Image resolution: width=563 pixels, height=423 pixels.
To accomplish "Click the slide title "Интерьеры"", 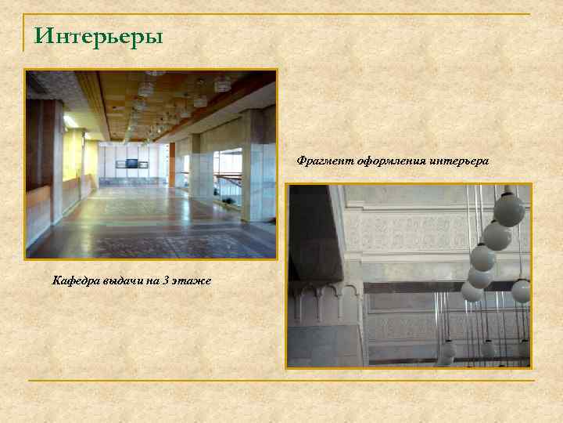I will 99,37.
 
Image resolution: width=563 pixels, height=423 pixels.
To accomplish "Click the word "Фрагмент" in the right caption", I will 324,161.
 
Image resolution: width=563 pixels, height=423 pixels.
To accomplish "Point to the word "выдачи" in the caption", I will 121,280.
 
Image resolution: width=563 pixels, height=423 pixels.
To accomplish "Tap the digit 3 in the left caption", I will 167,280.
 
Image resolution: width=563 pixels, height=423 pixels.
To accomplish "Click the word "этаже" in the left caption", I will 193,280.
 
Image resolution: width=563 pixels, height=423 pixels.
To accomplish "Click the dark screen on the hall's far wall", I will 131,164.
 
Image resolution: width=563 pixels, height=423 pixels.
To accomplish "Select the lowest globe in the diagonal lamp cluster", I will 472,291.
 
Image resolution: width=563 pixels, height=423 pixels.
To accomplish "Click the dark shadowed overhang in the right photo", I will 313,235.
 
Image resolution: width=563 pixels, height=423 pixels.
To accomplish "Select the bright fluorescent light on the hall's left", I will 70,121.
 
